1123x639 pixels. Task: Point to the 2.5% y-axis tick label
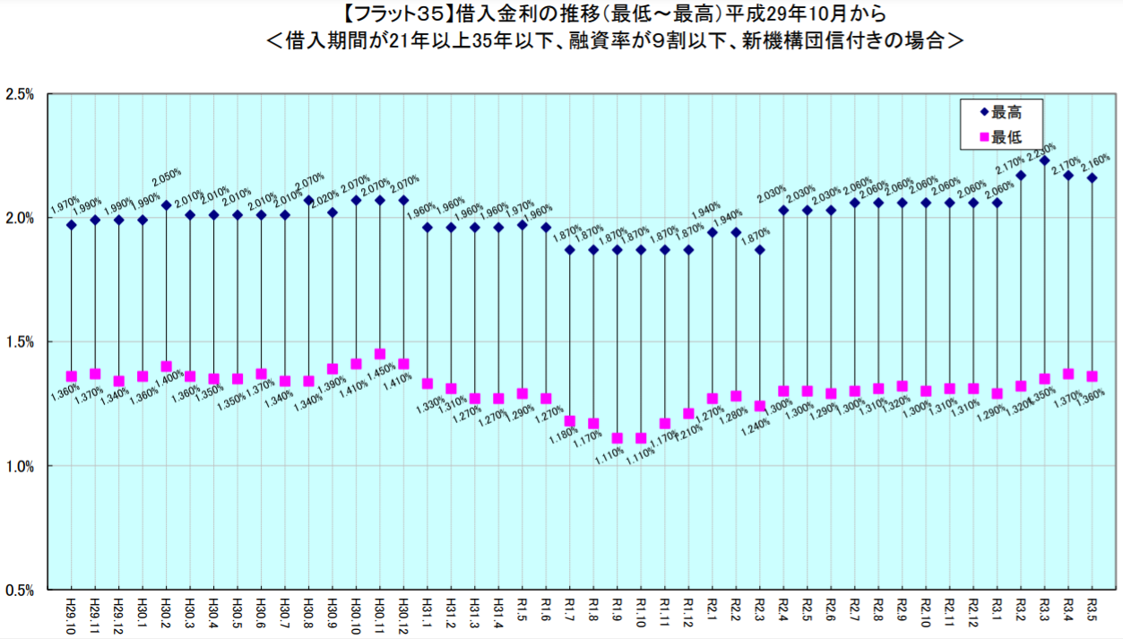tap(19, 94)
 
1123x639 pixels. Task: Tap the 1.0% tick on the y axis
tap(19, 466)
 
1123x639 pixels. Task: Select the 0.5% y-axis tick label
tap(19, 590)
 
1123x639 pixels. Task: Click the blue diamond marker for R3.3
tap(1044, 160)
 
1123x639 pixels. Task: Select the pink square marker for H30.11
tap(380, 354)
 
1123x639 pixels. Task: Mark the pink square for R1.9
tap(617, 438)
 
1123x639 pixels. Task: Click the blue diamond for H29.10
tap(71, 225)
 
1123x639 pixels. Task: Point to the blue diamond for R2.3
tap(759, 249)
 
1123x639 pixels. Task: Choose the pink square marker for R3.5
tap(1091, 376)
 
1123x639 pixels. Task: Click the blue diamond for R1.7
tap(569, 249)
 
